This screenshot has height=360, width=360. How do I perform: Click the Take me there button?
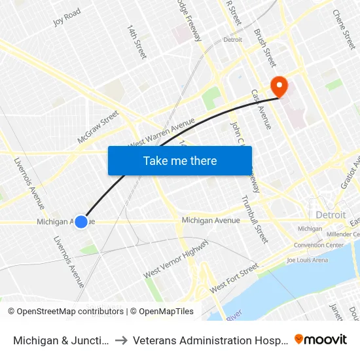[x=180, y=161]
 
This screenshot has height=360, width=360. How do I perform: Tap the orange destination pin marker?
[x=279, y=86]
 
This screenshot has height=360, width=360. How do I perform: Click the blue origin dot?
[x=81, y=222]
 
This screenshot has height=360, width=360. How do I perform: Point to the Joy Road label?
[x=67, y=16]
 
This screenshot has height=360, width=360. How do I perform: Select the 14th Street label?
[x=137, y=42]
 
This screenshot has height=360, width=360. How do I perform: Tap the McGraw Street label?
[x=98, y=126]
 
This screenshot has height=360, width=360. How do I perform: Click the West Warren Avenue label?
[x=162, y=134]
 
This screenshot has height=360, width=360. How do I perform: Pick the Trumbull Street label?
[x=255, y=219]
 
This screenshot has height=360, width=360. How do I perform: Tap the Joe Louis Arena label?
[x=307, y=260]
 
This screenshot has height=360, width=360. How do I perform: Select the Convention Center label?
[x=319, y=245]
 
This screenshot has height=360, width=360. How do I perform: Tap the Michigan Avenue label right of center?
[x=211, y=221]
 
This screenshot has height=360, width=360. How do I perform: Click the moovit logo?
[x=321, y=339]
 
